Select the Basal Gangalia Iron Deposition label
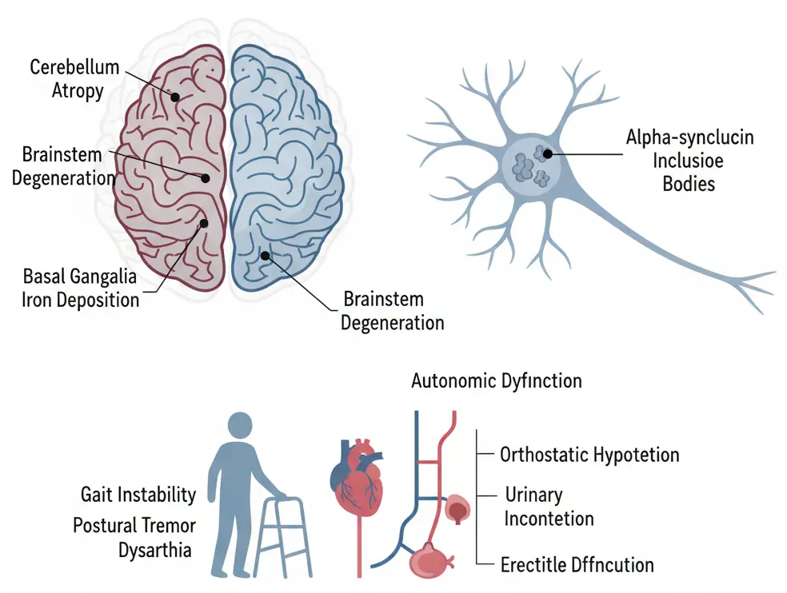click(80, 289)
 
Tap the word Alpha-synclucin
click(689, 137)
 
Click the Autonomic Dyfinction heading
click(496, 380)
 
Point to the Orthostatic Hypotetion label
click(589, 456)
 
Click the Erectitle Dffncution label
click(577, 565)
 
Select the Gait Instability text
click(138, 495)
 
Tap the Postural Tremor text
click(133, 527)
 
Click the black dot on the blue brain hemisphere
click(265, 256)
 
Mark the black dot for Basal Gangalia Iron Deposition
click(203, 223)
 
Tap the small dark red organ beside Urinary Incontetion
click(457, 507)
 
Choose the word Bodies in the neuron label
click(689, 183)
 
